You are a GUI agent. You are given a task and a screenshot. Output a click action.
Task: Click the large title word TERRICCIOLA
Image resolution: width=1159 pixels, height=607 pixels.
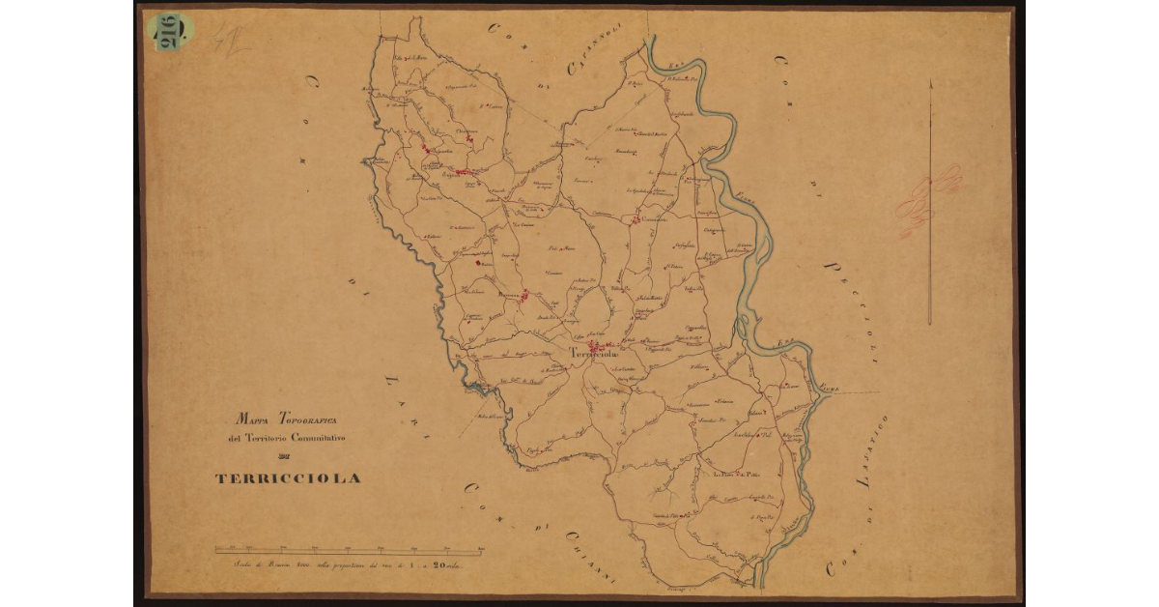pos(288,478)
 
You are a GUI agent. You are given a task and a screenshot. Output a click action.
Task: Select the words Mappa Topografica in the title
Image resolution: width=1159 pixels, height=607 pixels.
pos(286,420)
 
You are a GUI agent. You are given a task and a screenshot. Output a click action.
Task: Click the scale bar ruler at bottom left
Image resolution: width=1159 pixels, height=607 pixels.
pos(349,552)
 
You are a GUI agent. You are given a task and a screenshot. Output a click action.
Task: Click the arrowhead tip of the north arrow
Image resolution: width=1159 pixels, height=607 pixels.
pos(930,82)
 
